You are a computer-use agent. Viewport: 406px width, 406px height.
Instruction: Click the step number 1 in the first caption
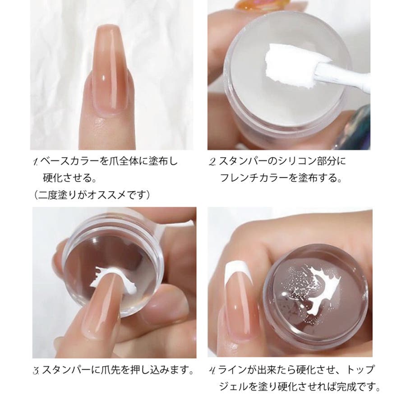pyautogui.click(x=36, y=162)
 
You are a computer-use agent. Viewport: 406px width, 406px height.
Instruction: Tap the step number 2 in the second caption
pyautogui.click(x=212, y=162)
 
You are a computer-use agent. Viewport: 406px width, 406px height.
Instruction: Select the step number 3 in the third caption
pyautogui.click(x=36, y=371)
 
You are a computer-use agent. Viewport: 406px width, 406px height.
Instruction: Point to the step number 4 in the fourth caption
pyautogui.click(x=212, y=370)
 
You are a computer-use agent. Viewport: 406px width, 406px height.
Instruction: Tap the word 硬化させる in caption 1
pyautogui.click(x=67, y=178)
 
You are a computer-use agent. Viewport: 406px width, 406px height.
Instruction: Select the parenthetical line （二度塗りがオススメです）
pyautogui.click(x=92, y=195)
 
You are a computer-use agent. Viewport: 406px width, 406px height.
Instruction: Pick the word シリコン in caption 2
pyautogui.click(x=297, y=161)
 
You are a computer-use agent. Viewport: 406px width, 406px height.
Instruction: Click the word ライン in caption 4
pyautogui.click(x=232, y=369)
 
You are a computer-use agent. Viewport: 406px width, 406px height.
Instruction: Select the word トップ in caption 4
pyautogui.click(x=360, y=369)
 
